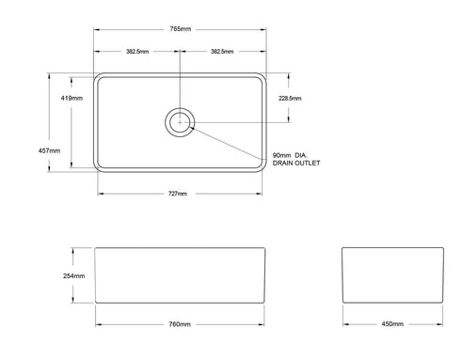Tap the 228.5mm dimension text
pyautogui.click(x=289, y=97)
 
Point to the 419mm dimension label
pyautogui.click(x=70, y=97)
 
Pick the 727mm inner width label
pyautogui.click(x=179, y=194)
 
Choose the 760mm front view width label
pyautogui.click(x=179, y=324)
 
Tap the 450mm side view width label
pyautogui.click(x=392, y=324)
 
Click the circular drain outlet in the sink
pyautogui.click(x=180, y=120)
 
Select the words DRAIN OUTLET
pyautogui.click(x=296, y=163)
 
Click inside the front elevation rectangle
pyautogui.click(x=179, y=276)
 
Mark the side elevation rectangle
pyautogui.click(x=392, y=276)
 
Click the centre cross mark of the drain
pyautogui.click(x=180, y=120)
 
